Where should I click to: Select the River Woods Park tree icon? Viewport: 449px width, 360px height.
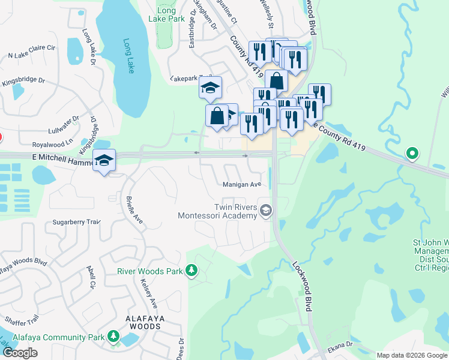(x=191, y=271)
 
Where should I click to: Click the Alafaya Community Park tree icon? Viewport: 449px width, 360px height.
(x=114, y=337)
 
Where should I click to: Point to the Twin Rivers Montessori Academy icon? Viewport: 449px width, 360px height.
(x=266, y=211)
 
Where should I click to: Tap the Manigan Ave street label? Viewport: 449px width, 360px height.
(x=242, y=184)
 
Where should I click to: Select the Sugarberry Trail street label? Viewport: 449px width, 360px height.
(x=76, y=222)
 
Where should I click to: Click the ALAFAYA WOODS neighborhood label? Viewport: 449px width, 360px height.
(x=134, y=326)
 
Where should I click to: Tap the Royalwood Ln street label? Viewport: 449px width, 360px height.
(x=52, y=145)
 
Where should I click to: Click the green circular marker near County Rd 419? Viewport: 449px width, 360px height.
(x=412, y=153)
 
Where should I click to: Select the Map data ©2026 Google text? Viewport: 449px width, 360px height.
(x=411, y=355)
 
